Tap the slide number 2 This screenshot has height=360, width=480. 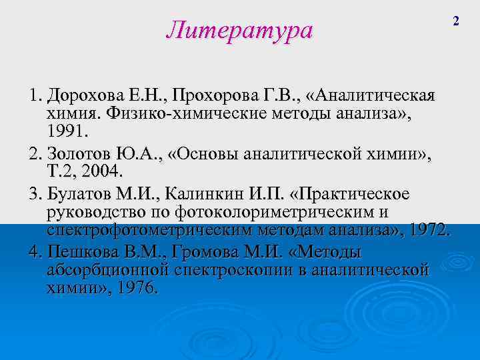pos(457,21)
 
